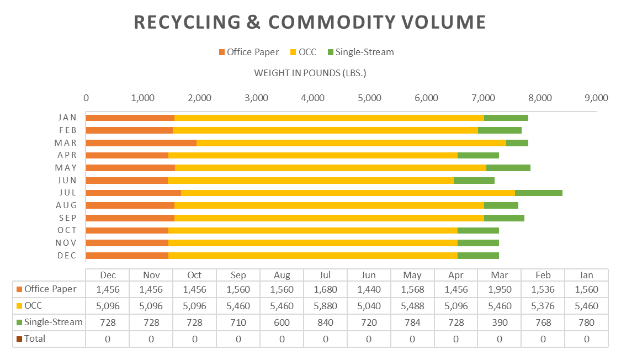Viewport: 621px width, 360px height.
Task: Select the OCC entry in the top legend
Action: point(307,52)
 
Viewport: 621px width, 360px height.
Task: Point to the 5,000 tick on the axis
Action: point(369,98)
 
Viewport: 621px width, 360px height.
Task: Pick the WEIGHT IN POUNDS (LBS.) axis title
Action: point(310,73)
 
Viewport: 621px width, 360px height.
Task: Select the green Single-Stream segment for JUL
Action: point(538,193)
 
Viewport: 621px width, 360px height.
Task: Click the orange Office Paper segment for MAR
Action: point(141,143)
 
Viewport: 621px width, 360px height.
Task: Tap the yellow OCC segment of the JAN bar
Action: point(329,118)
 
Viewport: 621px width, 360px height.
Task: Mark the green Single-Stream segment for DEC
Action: point(478,256)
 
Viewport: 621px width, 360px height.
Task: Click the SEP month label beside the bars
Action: point(67,218)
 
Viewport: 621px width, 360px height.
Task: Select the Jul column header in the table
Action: point(325,275)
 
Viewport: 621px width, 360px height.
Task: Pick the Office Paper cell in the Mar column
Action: point(499,289)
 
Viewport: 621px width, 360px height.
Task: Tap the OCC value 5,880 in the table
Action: point(325,305)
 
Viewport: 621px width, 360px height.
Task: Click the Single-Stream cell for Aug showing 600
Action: point(282,322)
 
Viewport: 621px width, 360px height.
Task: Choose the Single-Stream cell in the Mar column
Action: point(499,322)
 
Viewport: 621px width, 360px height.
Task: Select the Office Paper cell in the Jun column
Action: point(369,289)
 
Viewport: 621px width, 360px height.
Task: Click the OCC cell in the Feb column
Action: point(543,305)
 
